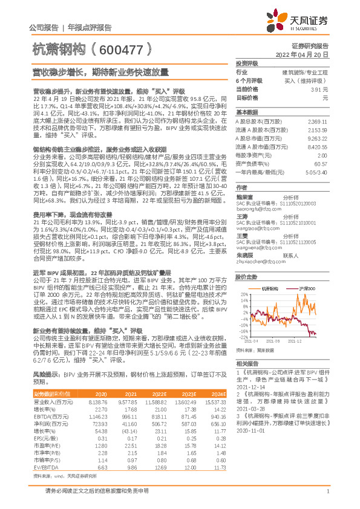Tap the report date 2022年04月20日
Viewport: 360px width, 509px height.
coord(308,54)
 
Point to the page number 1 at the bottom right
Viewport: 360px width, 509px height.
coord(327,494)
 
